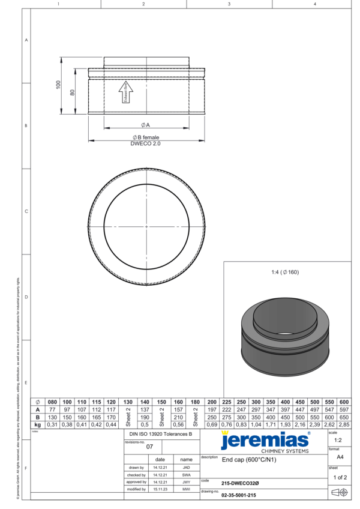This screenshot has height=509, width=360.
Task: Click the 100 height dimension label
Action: click(59, 85)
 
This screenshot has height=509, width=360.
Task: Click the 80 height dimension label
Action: click(73, 92)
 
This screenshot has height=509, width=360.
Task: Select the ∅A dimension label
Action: click(145, 124)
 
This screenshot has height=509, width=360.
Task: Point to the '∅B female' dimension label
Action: click(146, 137)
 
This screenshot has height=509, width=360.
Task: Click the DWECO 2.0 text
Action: click(146, 143)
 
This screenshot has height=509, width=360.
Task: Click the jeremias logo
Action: click(265, 441)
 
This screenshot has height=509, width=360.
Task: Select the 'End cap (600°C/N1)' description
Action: click(248, 460)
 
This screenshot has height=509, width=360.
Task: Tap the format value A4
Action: click(340, 457)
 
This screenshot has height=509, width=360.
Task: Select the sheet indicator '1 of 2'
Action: click(339, 477)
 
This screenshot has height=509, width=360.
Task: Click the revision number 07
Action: click(150, 447)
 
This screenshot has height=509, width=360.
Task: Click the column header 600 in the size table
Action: click(343, 402)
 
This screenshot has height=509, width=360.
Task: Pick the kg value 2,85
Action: click(343, 424)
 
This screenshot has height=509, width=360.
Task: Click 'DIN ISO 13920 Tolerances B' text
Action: click(161, 433)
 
